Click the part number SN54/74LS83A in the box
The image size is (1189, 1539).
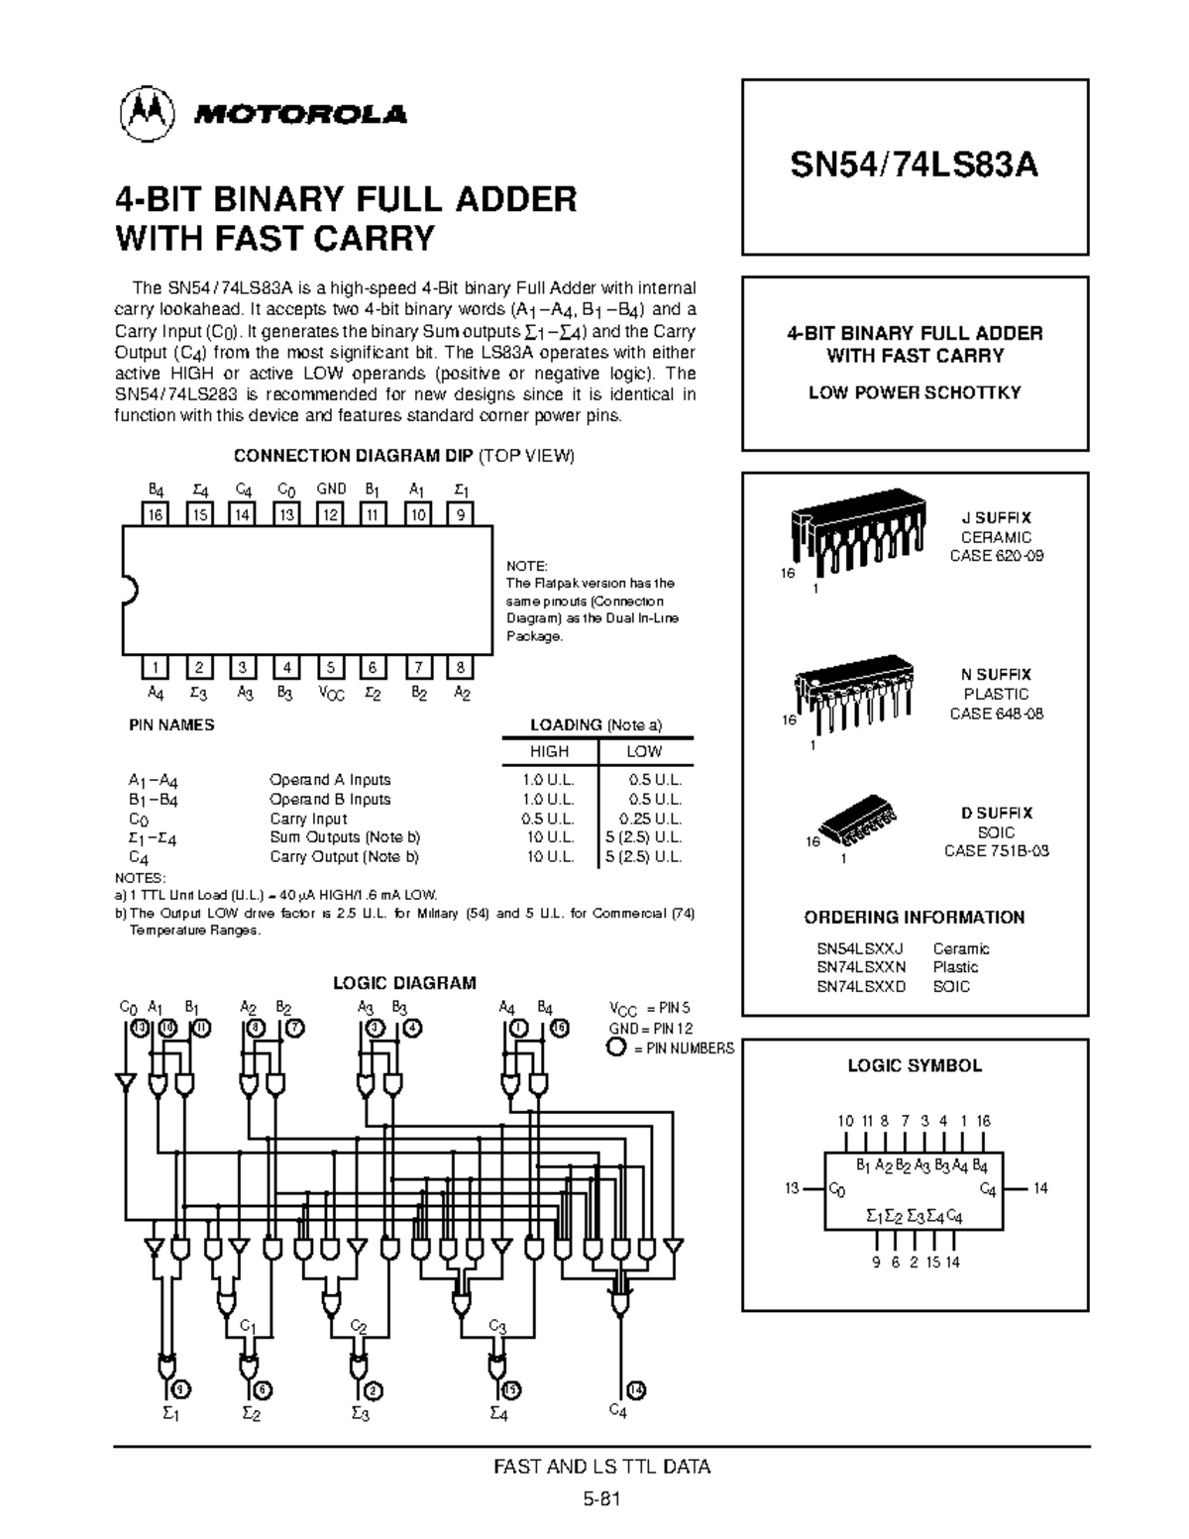(914, 165)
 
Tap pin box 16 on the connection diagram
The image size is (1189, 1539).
(156, 513)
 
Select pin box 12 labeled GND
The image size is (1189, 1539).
(331, 513)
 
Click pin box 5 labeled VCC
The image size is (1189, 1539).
(331, 668)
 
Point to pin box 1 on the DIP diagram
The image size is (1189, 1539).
(156, 668)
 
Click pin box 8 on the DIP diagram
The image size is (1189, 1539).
(462, 668)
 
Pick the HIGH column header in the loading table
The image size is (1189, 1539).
(549, 751)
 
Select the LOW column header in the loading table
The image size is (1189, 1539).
(644, 751)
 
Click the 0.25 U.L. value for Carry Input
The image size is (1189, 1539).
(650, 819)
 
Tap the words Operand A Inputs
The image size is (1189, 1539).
(330, 780)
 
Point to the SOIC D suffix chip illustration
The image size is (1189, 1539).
(858, 816)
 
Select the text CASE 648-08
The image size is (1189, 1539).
(996, 714)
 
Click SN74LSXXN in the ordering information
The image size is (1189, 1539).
(860, 967)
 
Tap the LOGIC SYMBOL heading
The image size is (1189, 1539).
(914, 1066)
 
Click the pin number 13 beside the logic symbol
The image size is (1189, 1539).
(791, 1188)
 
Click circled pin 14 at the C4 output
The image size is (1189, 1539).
(637, 1388)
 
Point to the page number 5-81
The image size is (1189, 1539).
(601, 1499)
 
